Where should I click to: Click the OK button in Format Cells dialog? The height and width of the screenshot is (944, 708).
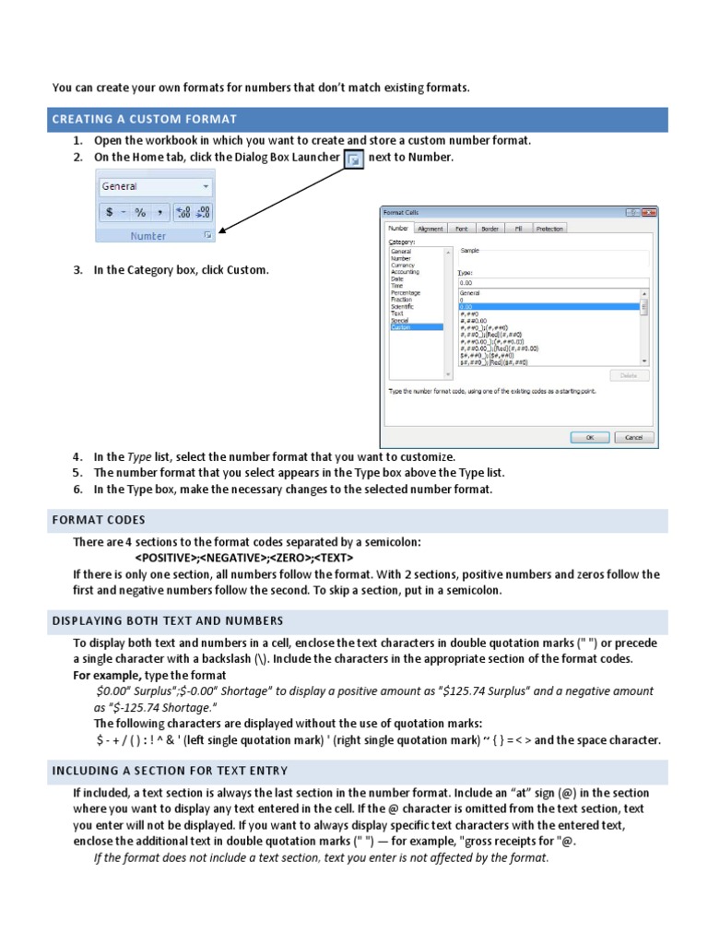(x=590, y=438)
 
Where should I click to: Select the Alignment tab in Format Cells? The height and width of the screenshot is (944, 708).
(x=430, y=229)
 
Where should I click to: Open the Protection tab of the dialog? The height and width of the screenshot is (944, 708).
(x=549, y=229)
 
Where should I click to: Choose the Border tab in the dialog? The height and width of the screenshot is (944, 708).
(x=490, y=229)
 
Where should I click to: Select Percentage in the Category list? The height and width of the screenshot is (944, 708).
(x=406, y=293)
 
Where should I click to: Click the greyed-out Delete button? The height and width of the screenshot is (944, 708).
(x=629, y=375)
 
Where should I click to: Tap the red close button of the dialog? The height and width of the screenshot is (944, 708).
(x=647, y=212)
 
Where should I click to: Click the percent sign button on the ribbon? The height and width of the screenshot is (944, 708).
(x=140, y=212)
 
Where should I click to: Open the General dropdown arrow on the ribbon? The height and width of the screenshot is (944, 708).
(x=205, y=186)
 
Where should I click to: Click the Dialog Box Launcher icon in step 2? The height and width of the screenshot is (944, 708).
(x=354, y=159)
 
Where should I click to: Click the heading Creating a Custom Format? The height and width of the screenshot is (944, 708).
(x=145, y=119)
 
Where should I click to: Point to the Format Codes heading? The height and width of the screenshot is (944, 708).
(x=99, y=520)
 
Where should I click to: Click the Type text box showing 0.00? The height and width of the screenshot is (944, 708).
(x=551, y=282)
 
